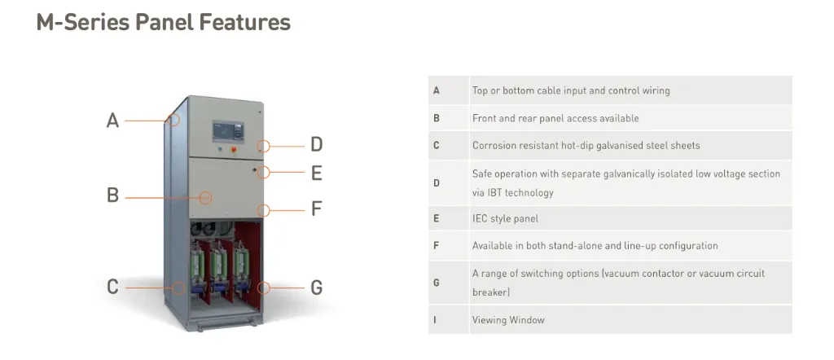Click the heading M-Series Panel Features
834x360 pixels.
coord(163,22)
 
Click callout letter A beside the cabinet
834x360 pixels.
coord(113,121)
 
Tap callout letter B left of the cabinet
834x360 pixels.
coord(113,195)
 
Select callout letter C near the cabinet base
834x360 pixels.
coord(113,287)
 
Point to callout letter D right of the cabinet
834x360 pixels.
coord(317,145)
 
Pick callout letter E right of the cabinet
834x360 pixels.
coord(317,173)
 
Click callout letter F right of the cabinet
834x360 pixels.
coord(317,209)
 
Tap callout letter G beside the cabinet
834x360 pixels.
coord(317,287)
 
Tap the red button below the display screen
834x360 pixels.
coord(235,149)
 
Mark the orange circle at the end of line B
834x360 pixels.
coord(206,196)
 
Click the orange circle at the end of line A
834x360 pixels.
coord(175,121)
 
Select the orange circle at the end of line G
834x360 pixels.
coord(263,288)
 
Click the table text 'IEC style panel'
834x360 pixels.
coord(505,218)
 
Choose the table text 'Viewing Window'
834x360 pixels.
coord(508,320)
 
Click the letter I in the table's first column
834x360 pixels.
coord(436,320)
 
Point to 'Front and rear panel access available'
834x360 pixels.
coord(555,118)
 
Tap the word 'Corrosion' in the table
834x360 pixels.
coord(494,146)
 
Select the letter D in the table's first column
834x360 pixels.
coord(437,183)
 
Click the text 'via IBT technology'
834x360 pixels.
coord(512,193)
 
